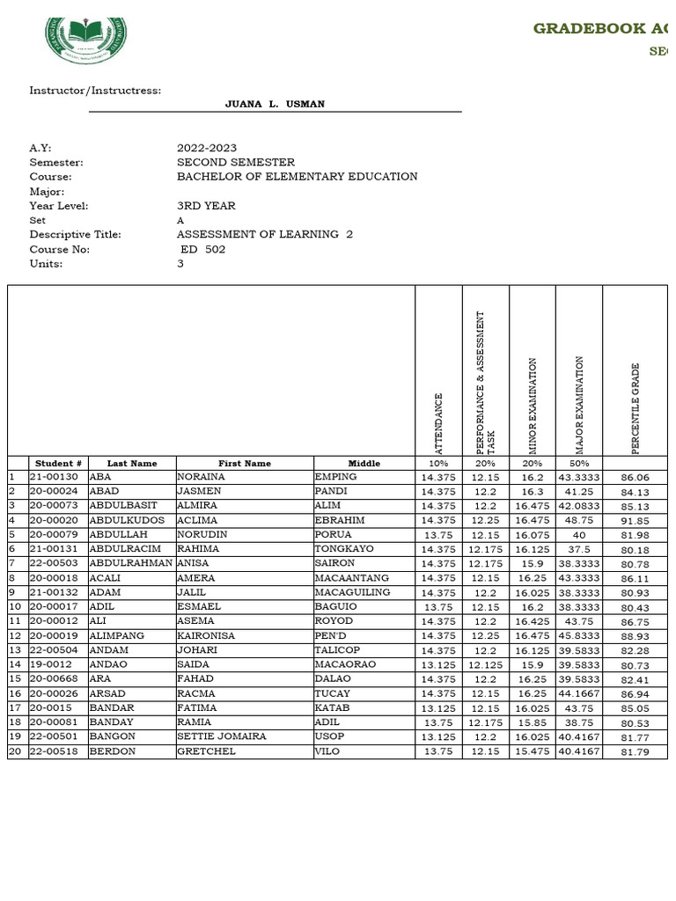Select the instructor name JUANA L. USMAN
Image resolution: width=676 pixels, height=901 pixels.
275,105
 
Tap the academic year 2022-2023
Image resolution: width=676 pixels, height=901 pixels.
207,149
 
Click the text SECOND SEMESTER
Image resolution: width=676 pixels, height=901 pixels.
236,163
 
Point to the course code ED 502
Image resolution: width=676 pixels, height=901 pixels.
203,250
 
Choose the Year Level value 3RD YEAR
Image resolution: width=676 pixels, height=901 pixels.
206,206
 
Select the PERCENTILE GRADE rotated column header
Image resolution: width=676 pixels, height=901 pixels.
636,408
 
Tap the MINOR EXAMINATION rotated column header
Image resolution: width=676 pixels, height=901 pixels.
533,406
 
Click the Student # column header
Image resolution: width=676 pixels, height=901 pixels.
59,464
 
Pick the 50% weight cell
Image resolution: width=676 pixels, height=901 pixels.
578,464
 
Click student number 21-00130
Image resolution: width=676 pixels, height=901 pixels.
54,477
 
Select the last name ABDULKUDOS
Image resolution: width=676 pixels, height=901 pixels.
127,520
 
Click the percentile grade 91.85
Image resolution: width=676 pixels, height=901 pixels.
635,521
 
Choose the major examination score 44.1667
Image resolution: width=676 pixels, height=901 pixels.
578,693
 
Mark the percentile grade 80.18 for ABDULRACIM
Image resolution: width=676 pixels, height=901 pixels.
635,550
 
